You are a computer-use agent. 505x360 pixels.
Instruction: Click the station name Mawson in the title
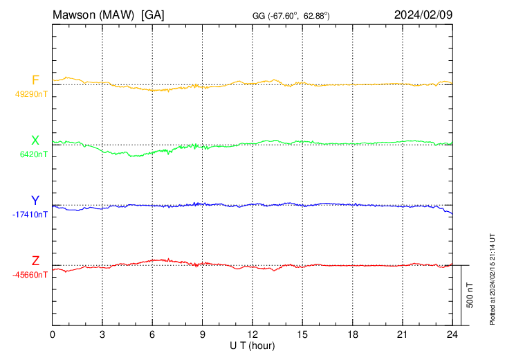(x=73, y=14)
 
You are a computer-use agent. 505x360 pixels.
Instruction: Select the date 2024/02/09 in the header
(x=423, y=14)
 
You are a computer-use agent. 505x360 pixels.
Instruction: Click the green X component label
(x=35, y=141)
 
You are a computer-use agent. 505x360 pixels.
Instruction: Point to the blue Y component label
(x=35, y=201)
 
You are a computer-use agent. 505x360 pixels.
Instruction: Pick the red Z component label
(x=35, y=261)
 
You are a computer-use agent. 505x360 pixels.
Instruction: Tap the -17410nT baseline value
(x=30, y=215)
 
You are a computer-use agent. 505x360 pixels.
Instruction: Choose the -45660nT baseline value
(x=30, y=275)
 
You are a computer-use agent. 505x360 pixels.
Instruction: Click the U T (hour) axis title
(x=252, y=345)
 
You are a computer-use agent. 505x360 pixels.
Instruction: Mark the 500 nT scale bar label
(x=470, y=294)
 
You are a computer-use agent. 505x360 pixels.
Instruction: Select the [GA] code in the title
(x=152, y=14)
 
